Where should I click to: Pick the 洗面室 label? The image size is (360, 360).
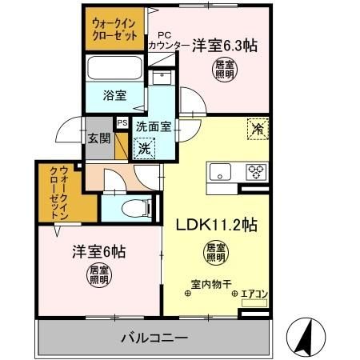pos(152,126)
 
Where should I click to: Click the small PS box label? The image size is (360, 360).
pos(122,123)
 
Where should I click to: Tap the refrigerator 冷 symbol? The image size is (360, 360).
pos(258,128)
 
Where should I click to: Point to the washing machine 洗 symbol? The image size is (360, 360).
pos(144,148)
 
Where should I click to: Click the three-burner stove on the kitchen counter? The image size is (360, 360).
pos(256,170)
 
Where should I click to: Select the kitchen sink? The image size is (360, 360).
pos(221,171)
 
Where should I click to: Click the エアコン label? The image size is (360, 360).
pos(255,294)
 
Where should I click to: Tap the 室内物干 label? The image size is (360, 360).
pos(209,283)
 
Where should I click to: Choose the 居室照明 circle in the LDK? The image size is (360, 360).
pos(215,252)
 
